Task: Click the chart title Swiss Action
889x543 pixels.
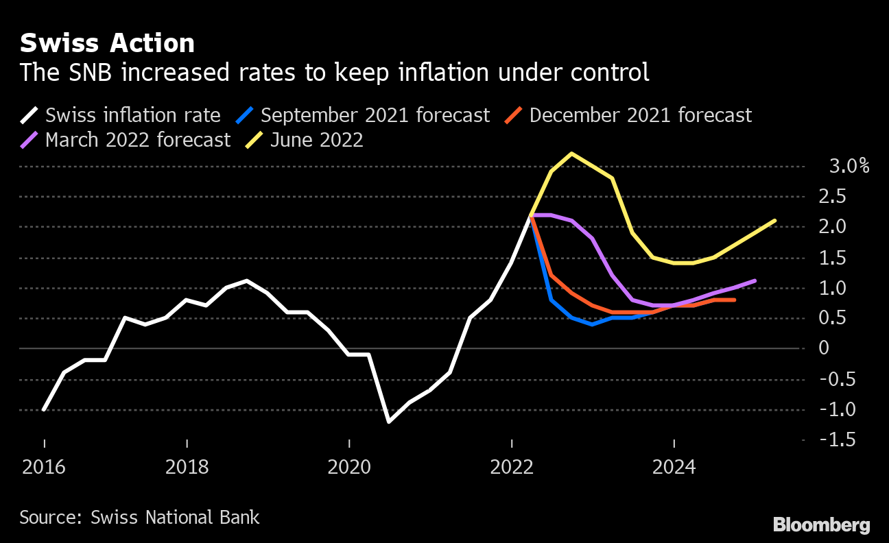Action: click(x=107, y=43)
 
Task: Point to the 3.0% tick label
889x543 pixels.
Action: click(x=849, y=167)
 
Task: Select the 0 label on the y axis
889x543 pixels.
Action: click(x=825, y=348)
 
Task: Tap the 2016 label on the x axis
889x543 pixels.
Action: click(x=45, y=468)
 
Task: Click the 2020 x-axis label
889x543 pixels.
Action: click(x=349, y=468)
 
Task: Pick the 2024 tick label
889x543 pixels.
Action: click(x=674, y=468)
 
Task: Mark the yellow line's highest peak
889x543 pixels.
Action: click(x=571, y=154)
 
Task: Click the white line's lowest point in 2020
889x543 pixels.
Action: click(x=390, y=422)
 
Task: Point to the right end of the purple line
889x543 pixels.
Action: click(x=755, y=280)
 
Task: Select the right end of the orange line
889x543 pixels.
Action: click(x=735, y=300)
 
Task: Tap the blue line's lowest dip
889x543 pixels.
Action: click(x=591, y=324)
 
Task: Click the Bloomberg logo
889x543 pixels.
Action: click(x=821, y=525)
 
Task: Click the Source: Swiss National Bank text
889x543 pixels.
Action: click(x=139, y=517)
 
